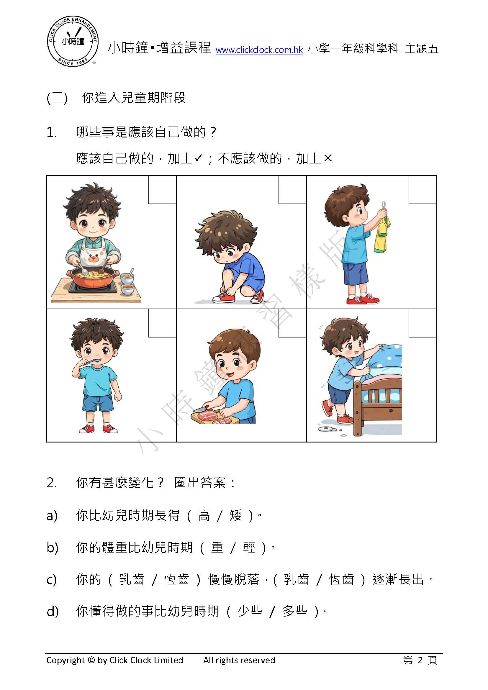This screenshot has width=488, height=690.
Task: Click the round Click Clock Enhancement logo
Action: pos(73,42)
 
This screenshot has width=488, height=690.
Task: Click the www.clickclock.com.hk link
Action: pos(259,50)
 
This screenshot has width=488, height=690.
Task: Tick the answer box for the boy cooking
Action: pos(162,190)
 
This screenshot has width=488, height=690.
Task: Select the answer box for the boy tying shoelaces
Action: pos(292,190)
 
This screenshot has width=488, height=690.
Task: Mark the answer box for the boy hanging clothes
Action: pos(423,190)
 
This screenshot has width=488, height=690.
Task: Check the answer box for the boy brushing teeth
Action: pos(162,323)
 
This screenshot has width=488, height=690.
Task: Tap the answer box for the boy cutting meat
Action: pos(292,323)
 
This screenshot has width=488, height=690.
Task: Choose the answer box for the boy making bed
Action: pos(423,323)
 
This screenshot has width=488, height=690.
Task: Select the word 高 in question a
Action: pos(204,515)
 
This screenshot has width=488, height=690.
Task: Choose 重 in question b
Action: pos(217,548)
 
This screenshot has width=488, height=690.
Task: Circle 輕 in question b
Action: pos(249,548)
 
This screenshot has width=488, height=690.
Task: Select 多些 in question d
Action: pos(295,612)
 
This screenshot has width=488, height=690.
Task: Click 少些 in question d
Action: pos(250,612)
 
